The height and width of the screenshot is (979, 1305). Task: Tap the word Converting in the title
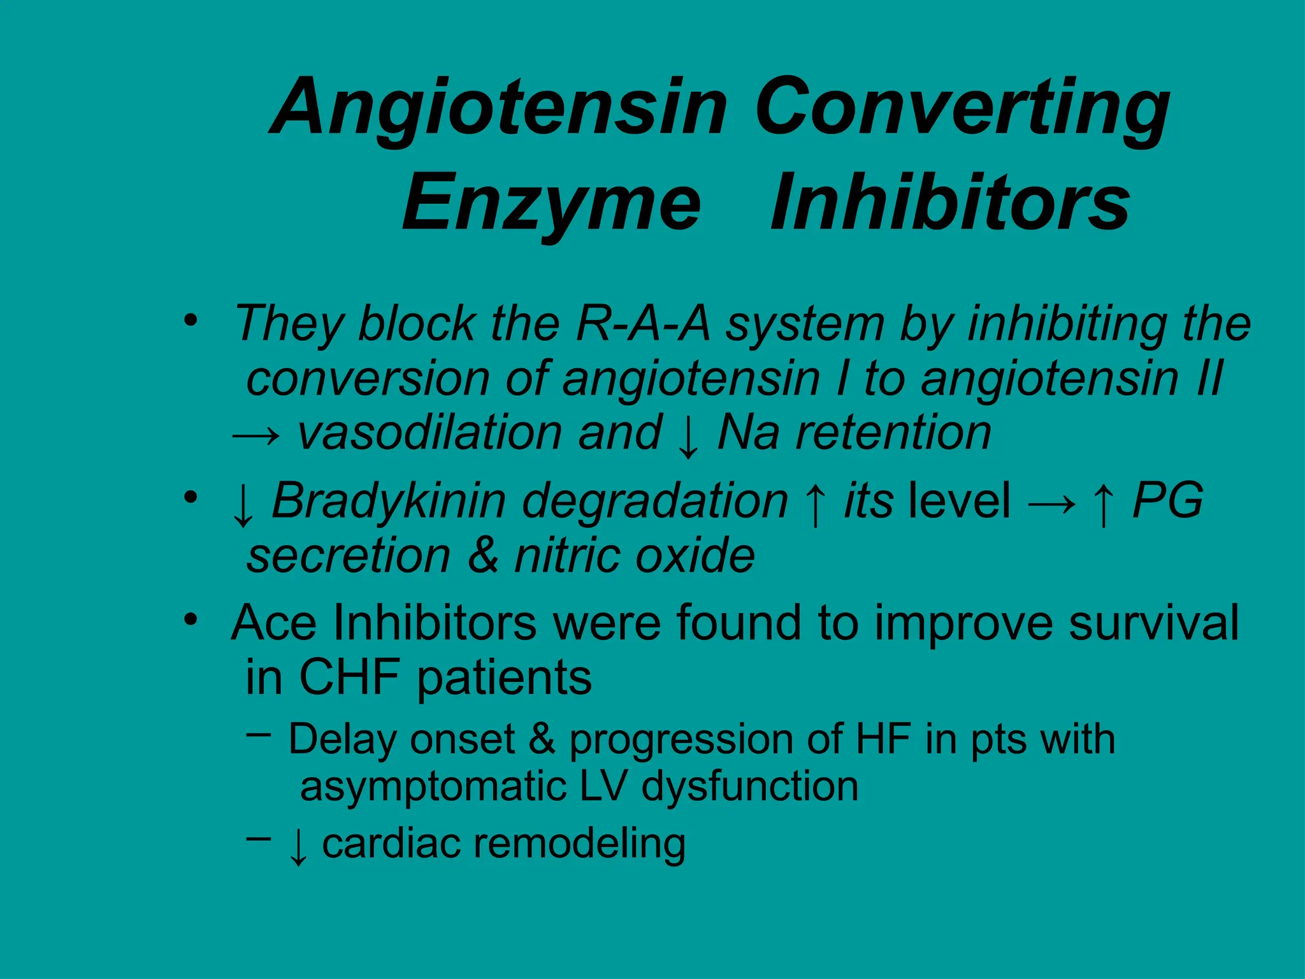click(962, 108)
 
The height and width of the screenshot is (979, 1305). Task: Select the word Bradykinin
click(389, 502)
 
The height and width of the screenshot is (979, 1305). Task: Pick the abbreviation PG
click(1167, 500)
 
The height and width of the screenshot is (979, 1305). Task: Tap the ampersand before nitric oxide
click(483, 555)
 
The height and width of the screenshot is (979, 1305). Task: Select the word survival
click(1153, 623)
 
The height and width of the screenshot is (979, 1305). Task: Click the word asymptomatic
click(433, 787)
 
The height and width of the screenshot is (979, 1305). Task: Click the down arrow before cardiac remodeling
click(298, 846)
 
